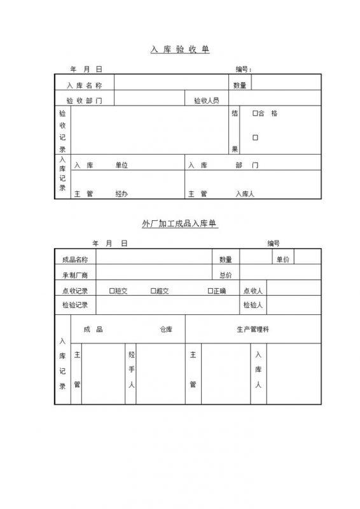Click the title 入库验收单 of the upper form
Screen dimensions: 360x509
coord(180,49)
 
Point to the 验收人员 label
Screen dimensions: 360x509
coord(207,101)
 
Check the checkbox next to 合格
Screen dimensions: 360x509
coord(255,114)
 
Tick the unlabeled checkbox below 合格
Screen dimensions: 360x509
coord(255,137)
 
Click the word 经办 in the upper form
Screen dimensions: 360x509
coord(121,193)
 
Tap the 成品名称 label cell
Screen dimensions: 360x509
coord(75,259)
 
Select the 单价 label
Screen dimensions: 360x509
coord(282,259)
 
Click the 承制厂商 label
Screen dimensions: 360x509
coord(75,275)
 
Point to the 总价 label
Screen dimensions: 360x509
coord(226,275)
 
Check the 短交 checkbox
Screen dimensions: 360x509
coord(112,291)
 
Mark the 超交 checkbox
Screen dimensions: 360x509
coord(153,291)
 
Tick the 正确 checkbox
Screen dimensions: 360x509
coord(210,291)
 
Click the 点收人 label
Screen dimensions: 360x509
coord(253,291)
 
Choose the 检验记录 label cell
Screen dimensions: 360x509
coord(75,305)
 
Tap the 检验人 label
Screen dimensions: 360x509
coord(253,305)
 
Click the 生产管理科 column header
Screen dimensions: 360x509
coord(253,330)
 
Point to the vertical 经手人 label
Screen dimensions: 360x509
coord(131,369)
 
